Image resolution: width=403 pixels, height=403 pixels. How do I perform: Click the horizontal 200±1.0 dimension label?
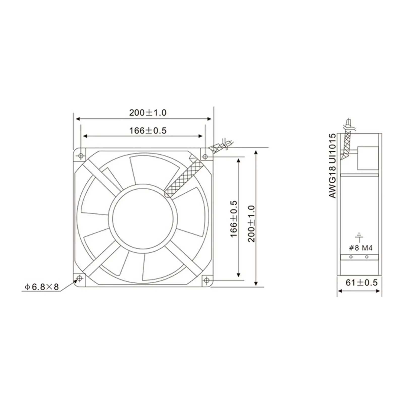pyautogui.click(x=148, y=113)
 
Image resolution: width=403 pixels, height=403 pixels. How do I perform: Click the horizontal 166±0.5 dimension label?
pyautogui.click(x=148, y=131)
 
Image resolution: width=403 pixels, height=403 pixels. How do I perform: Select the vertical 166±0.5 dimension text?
pyautogui.click(x=234, y=219)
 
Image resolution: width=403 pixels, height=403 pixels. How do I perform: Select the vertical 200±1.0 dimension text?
pyautogui.click(x=252, y=224)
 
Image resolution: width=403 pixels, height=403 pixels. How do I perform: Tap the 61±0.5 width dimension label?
pyautogui.click(x=361, y=283)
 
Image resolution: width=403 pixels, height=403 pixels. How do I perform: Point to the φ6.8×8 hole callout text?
pyautogui.click(x=42, y=287)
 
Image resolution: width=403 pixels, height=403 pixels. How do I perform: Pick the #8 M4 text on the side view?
pyautogui.click(x=360, y=248)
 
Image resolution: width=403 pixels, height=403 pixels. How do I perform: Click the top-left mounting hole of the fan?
pyautogui.click(x=81, y=156)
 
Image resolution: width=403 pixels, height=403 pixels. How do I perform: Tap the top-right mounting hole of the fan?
pyautogui.click(x=205, y=157)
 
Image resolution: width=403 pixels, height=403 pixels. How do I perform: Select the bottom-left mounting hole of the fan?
pyautogui.click(x=80, y=278)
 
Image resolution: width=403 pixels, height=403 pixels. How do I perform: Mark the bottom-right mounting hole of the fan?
pyautogui.click(x=206, y=280)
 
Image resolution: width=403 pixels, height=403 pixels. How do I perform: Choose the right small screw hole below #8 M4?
pyautogui.click(x=367, y=257)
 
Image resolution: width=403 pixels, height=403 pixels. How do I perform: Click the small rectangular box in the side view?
pyautogui.click(x=368, y=158)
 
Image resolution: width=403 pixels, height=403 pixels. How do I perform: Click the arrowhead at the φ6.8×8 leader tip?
pyautogui.click(x=76, y=281)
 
